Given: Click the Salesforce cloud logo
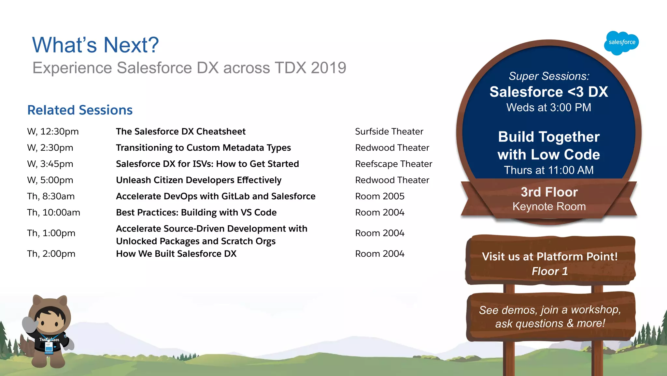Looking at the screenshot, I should point(621,43).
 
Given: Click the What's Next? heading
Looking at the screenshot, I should point(95,45).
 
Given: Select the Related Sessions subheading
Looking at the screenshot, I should point(80,110).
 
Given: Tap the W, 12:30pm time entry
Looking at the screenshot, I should point(53,131).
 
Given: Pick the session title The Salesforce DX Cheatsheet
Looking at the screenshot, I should point(180,131).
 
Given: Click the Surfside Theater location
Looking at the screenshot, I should point(389,131).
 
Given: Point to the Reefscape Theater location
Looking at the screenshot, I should point(393,164).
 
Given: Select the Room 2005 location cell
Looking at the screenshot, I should point(379,196).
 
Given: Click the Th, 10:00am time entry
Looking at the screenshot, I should point(53,213).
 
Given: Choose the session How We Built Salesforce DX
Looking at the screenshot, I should point(176,254).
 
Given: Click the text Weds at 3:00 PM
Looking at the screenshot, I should point(548,108).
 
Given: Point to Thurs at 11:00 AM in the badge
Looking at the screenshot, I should point(548,170).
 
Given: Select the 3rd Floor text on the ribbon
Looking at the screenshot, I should point(549,192).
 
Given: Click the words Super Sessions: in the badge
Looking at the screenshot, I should point(549,76).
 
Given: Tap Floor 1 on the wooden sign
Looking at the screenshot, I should point(550,271).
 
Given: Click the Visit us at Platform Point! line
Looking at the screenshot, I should point(550,257).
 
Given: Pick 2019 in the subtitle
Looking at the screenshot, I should point(328,68).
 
